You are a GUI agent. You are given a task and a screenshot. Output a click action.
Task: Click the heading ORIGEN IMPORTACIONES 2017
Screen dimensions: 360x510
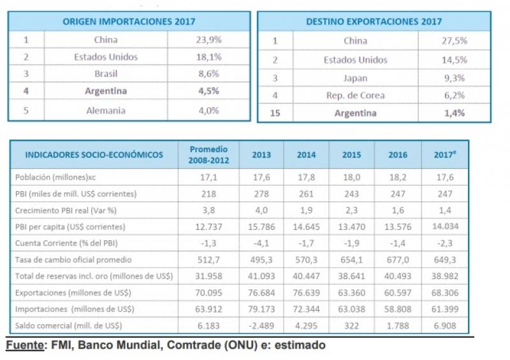pos(128,22)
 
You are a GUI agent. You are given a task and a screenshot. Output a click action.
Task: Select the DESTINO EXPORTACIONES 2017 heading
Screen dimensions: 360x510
pos(374,22)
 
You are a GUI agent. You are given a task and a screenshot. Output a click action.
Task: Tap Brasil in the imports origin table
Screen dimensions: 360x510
pos(106,74)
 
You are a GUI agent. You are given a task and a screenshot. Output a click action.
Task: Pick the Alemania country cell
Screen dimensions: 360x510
pos(106,110)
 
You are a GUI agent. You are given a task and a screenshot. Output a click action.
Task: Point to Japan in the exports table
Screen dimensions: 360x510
pos(355,78)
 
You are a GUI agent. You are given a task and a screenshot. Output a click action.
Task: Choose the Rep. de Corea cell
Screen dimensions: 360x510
pos(355,96)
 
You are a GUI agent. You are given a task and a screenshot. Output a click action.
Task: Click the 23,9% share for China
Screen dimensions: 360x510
pos(208,40)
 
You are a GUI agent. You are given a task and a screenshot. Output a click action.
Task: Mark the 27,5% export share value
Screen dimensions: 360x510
pos(455,41)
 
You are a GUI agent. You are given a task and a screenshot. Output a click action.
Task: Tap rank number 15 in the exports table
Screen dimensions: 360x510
pos(275,113)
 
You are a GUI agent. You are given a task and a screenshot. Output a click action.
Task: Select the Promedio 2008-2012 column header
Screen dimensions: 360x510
pos(209,154)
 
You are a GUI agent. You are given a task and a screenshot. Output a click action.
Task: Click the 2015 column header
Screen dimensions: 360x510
pos(351,155)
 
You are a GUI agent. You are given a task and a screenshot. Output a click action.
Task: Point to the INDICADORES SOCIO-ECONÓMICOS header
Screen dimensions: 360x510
pos(94,155)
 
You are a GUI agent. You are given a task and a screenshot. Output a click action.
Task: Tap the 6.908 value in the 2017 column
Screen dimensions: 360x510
pos(444,326)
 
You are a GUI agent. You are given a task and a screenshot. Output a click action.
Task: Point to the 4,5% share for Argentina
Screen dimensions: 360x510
pos(208,91)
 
